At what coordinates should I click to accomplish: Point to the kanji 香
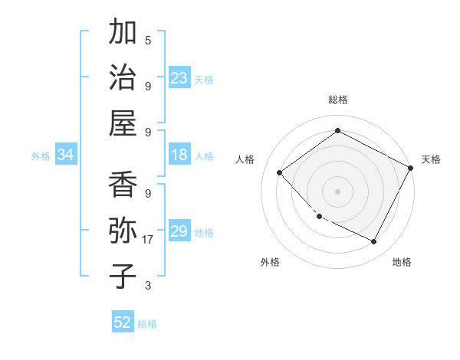(x=123, y=185)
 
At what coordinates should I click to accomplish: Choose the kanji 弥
(x=123, y=231)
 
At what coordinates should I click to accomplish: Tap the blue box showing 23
(x=179, y=77)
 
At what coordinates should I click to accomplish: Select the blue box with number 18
(x=179, y=155)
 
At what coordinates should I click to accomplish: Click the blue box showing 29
(x=179, y=231)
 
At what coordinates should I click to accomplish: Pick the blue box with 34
(x=65, y=155)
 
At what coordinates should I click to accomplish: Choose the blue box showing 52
(x=123, y=322)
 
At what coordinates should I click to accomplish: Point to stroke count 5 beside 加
(x=148, y=41)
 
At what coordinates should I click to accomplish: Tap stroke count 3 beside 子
(x=148, y=286)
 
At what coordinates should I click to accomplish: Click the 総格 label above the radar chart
(x=338, y=100)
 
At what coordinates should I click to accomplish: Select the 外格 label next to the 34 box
(x=41, y=156)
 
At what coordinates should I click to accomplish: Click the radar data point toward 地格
(x=373, y=242)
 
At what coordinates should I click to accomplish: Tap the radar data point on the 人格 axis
(x=280, y=173)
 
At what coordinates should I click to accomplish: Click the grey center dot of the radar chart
(x=337, y=191)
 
